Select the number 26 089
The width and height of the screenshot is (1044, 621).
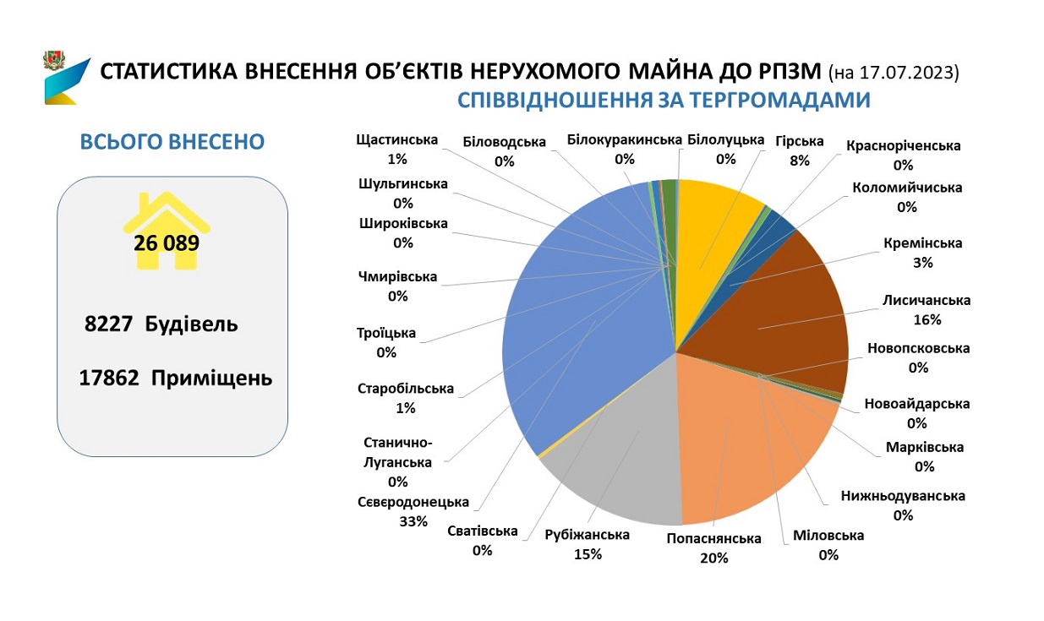click(x=167, y=244)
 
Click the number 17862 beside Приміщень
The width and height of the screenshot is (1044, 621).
click(x=109, y=378)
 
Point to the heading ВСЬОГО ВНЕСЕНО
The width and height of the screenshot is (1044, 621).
click(x=172, y=141)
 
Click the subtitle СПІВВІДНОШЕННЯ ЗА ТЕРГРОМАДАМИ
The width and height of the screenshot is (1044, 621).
click(x=664, y=101)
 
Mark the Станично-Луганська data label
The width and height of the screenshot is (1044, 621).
click(x=397, y=462)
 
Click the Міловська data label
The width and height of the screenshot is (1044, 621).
click(x=828, y=545)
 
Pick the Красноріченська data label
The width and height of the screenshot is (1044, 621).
click(x=903, y=155)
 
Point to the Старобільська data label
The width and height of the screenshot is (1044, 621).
click(x=406, y=398)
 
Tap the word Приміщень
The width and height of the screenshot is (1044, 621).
click(x=211, y=378)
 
